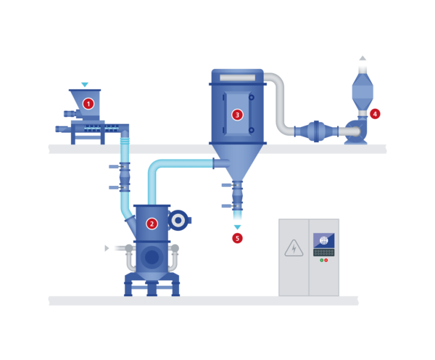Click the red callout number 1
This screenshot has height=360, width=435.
pyautogui.click(x=88, y=104)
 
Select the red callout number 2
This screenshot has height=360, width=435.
pyautogui.click(x=152, y=224)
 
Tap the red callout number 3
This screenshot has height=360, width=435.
pyautogui.click(x=237, y=115)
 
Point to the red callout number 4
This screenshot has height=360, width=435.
pyautogui.click(x=375, y=114)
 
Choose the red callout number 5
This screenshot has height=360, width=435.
pyautogui.click(x=237, y=238)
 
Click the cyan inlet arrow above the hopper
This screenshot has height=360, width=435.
pyautogui.click(x=85, y=84)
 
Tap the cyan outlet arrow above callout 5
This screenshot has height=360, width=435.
pyautogui.click(x=237, y=227)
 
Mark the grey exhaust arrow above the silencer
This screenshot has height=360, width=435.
pyautogui.click(x=362, y=58)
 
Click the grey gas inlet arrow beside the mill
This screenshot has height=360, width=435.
pyautogui.click(x=107, y=248)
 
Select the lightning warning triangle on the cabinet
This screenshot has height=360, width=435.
pyautogui.click(x=294, y=248)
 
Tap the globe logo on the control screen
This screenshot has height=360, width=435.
pyautogui.click(x=324, y=240)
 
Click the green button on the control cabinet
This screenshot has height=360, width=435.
pyautogui.click(x=322, y=261)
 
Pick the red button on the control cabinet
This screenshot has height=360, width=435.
pyautogui.click(x=326, y=261)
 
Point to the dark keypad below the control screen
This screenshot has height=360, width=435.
pyautogui.click(x=324, y=253)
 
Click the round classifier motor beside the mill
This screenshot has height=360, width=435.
pyautogui.click(x=178, y=220)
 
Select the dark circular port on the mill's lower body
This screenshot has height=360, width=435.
pyautogui.click(x=152, y=257)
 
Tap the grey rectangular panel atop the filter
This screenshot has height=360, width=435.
pyautogui.click(x=238, y=78)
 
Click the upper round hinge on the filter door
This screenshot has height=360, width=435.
pyautogui.click(x=252, y=97)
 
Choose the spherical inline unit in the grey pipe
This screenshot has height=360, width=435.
pyautogui.click(x=316, y=131)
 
